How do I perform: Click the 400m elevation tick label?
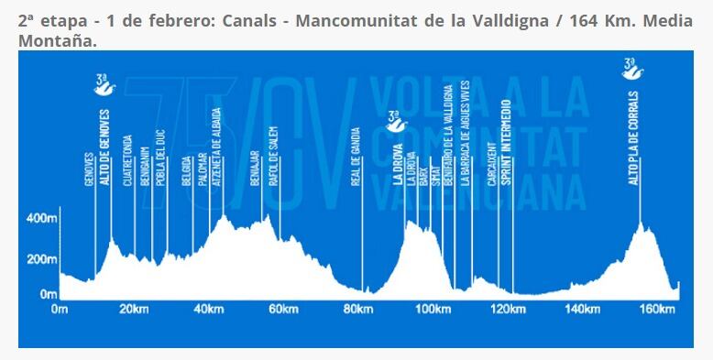[41, 220]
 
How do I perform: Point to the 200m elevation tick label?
[41, 259]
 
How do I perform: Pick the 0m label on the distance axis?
[60, 309]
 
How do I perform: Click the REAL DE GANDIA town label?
[356, 157]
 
